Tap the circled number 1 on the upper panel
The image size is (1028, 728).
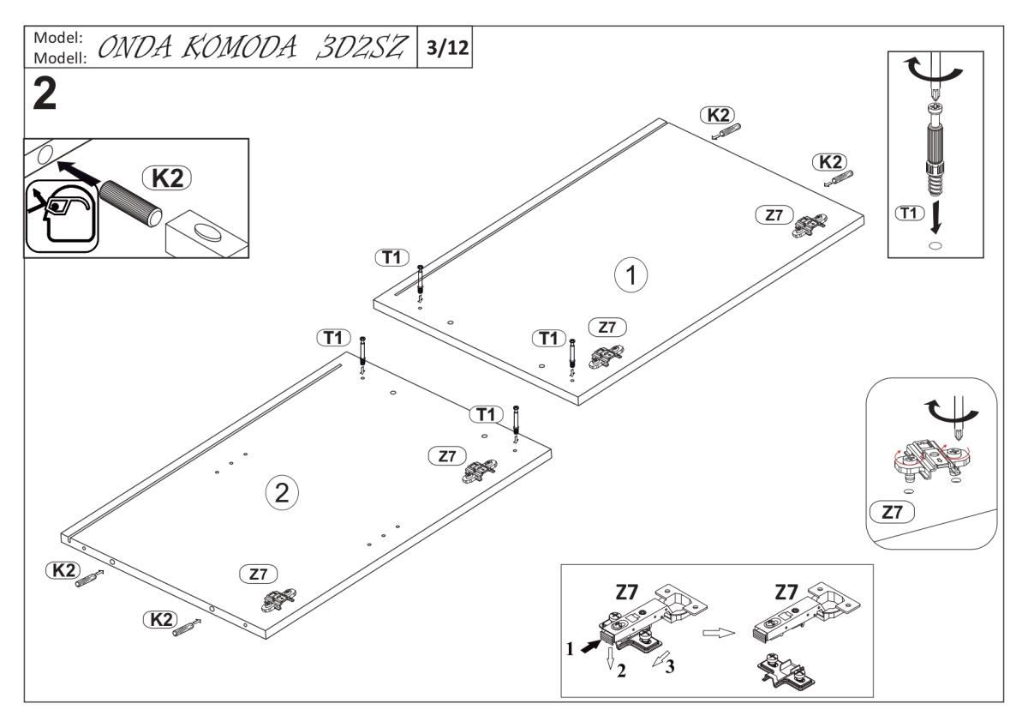(x=631, y=276)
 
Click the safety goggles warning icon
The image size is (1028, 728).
(x=57, y=215)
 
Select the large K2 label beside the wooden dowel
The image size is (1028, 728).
(x=169, y=179)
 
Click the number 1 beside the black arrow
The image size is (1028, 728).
(x=569, y=649)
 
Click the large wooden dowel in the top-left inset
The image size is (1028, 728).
(x=128, y=202)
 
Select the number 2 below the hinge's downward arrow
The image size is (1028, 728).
(x=622, y=671)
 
